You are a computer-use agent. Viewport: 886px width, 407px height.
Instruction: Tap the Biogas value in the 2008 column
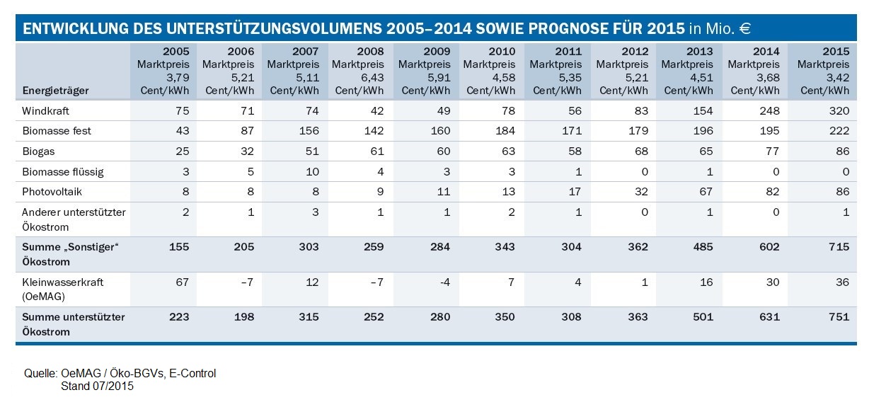(x=374, y=151)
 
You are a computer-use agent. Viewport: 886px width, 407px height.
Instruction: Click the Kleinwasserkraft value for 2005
(x=183, y=282)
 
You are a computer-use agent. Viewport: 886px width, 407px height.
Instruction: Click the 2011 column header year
(x=568, y=52)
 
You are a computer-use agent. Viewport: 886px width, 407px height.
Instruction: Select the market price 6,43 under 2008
(x=371, y=77)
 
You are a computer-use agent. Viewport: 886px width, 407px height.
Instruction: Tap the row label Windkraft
(x=46, y=111)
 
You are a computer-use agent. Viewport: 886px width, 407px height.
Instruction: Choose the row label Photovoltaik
(x=53, y=190)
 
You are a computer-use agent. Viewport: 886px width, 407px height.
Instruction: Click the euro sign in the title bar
(x=743, y=29)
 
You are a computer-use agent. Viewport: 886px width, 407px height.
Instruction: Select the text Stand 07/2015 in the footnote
(x=97, y=386)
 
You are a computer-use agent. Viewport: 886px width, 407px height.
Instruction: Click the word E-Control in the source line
(x=191, y=374)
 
